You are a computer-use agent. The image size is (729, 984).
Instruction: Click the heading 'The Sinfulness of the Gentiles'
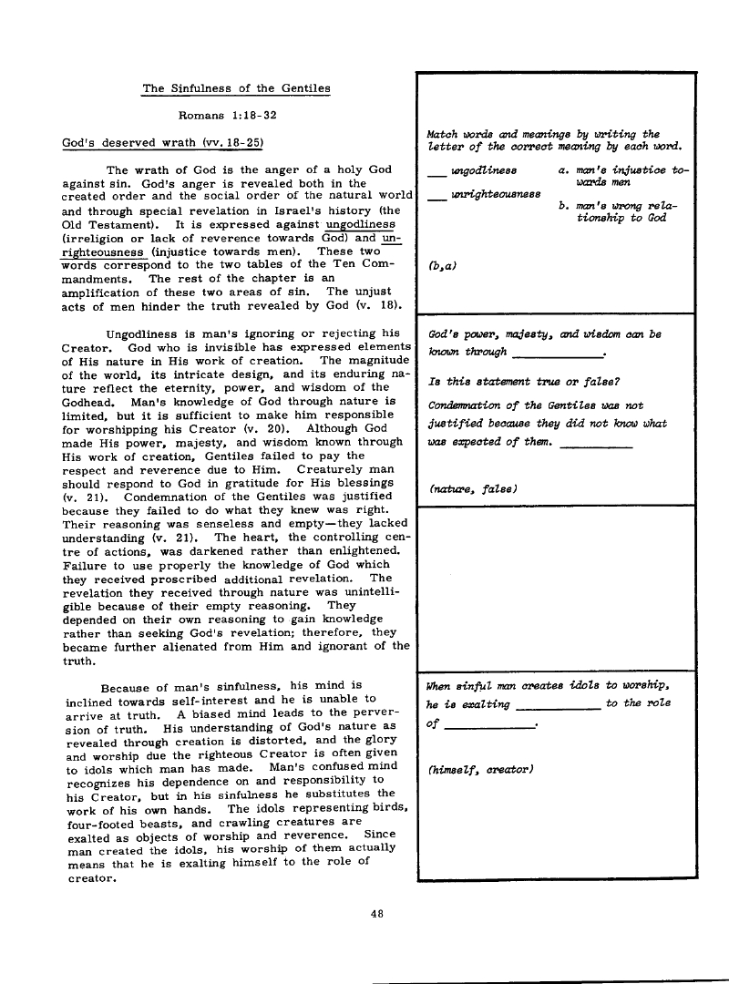tap(236, 88)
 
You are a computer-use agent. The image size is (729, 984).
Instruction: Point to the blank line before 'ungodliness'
tap(436, 173)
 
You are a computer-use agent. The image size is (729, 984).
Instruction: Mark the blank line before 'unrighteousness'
tap(436, 196)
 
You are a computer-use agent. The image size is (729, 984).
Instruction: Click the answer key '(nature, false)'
tap(472, 489)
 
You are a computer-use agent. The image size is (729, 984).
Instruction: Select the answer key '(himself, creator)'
tap(479, 771)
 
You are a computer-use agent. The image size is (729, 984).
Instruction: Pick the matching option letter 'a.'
tap(563, 169)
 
